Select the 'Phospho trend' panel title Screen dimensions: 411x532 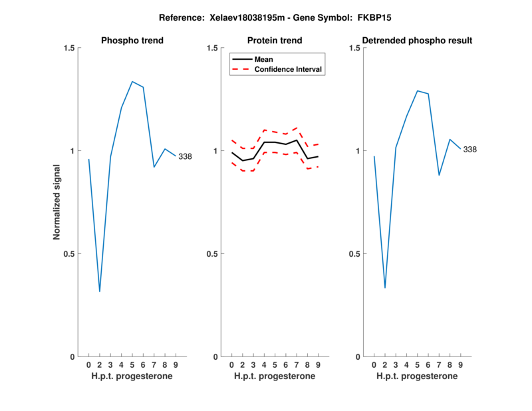[132, 41]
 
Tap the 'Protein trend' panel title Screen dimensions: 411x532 [275, 41]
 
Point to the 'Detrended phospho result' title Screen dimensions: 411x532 [418, 41]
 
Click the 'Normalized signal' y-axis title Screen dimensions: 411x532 [57, 202]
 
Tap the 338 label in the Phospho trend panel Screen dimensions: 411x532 [185, 156]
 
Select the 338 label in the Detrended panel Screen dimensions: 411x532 [469, 150]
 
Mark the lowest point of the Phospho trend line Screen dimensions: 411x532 [100, 291]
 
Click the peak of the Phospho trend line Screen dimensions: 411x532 [132, 82]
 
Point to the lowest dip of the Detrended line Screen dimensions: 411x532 [385, 288]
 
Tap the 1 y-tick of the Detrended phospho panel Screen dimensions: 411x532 [356, 151]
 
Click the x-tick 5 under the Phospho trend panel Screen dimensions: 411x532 [132, 365]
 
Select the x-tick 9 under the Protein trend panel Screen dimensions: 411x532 [318, 365]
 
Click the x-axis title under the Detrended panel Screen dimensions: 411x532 [417, 376]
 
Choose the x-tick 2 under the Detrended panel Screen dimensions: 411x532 [385, 365]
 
